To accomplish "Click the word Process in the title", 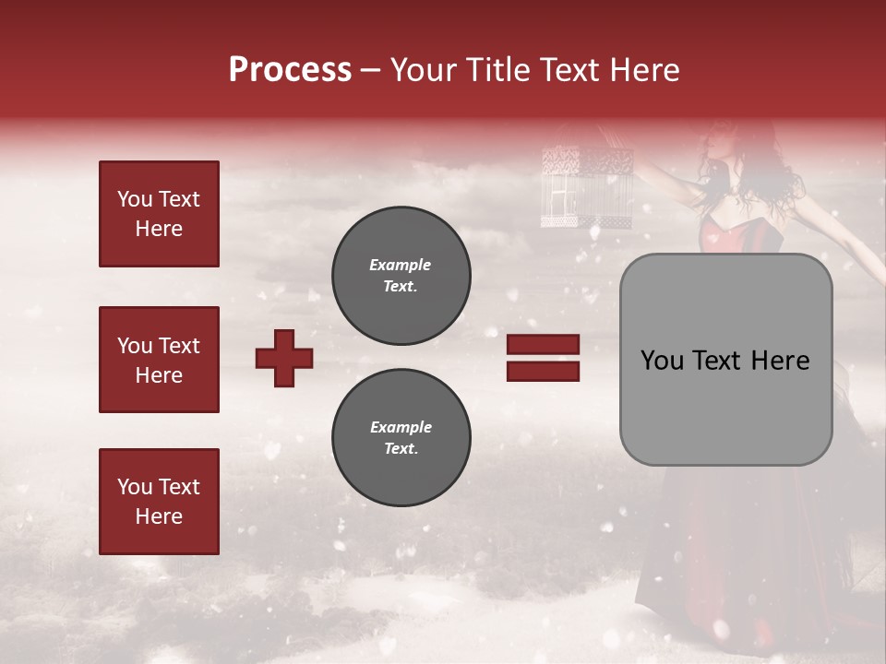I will pos(290,70).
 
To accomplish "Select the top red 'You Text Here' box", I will pos(159,214).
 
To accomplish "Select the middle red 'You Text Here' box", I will pos(159,360).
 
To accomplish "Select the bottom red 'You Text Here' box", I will pos(159,501).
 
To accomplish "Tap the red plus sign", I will pos(284,358).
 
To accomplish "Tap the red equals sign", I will pos(544,358).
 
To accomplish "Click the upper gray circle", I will pos(401,276).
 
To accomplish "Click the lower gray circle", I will pos(401,438).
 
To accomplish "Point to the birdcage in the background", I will pos(585,184).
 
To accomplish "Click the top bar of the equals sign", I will pos(544,345).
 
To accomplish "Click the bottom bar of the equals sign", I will pos(544,371).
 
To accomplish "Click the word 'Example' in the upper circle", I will pos(401,265).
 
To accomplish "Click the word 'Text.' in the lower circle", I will pos(401,449).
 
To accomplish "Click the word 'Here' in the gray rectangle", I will pos(781,361).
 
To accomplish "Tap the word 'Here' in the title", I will pos(643,70).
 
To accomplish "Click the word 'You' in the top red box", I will pos(134,199).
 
